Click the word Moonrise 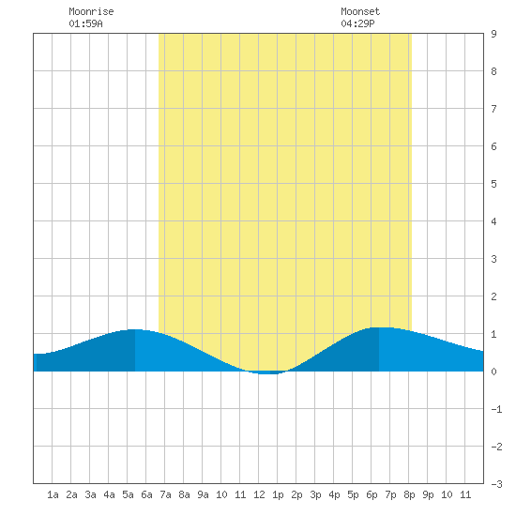click(x=91, y=11)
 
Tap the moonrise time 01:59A click(x=85, y=23)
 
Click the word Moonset click(x=360, y=11)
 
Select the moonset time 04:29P click(x=357, y=23)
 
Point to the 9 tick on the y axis click(x=493, y=34)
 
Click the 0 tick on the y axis click(x=493, y=372)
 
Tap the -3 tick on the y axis click(x=496, y=484)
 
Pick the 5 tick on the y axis click(x=493, y=184)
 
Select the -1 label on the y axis click(x=496, y=409)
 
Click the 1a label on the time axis click(x=53, y=494)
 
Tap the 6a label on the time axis click(x=146, y=494)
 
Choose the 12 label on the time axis click(x=259, y=494)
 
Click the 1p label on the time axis click(x=278, y=494)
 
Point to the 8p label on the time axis click(x=409, y=494)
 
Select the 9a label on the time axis click(x=203, y=494)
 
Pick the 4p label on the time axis click(x=334, y=494)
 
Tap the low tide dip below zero click(x=268, y=372)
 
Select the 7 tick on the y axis click(x=493, y=109)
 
